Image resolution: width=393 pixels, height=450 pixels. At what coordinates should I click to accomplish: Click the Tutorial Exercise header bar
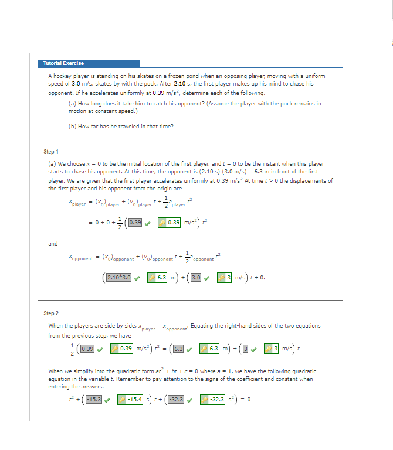(x=90, y=63)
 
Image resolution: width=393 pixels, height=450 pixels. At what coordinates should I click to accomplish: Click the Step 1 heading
(x=51, y=152)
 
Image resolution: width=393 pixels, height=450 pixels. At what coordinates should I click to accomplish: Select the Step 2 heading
(x=51, y=313)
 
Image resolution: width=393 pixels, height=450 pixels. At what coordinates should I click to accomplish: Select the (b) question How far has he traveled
(x=121, y=126)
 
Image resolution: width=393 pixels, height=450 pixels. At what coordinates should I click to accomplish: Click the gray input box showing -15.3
(x=94, y=400)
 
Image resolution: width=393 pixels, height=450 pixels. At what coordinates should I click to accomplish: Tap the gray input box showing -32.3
(x=177, y=400)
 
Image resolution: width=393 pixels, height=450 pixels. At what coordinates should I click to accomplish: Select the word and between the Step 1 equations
(x=53, y=243)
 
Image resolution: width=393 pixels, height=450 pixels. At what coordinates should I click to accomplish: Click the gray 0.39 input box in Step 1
(x=135, y=222)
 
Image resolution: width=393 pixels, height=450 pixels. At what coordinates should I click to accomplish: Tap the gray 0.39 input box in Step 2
(x=88, y=350)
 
